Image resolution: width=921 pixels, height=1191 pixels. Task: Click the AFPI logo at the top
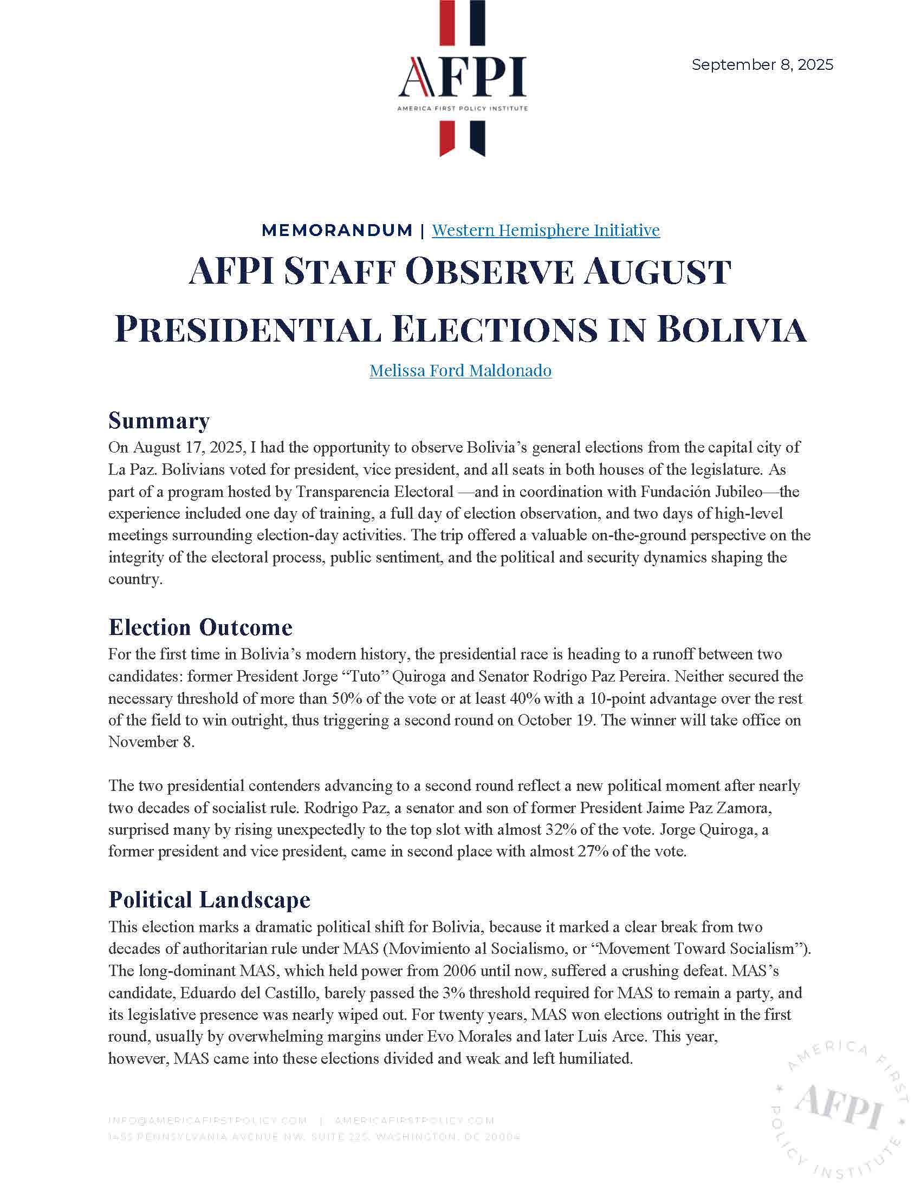(x=462, y=79)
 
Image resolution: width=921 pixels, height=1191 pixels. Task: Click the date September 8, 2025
(x=762, y=65)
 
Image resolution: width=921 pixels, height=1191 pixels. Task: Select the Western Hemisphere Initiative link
(x=546, y=230)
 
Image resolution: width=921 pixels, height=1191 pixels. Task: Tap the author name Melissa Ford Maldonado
(x=460, y=371)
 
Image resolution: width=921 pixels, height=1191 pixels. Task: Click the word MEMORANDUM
(x=337, y=230)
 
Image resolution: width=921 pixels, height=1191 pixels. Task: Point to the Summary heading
(x=159, y=421)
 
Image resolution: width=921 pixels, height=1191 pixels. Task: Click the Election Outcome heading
(x=200, y=627)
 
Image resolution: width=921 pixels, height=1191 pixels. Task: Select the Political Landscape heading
(x=210, y=899)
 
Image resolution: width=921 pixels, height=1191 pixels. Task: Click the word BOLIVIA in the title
(x=731, y=329)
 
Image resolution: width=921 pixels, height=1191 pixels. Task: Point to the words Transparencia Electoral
(x=375, y=492)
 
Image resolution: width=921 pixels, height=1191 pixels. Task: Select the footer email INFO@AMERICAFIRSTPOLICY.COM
(x=208, y=1121)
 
